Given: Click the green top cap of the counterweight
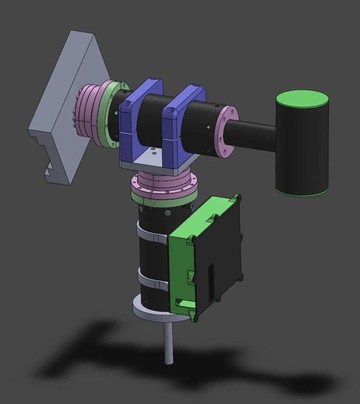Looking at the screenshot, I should (x=301, y=98).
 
